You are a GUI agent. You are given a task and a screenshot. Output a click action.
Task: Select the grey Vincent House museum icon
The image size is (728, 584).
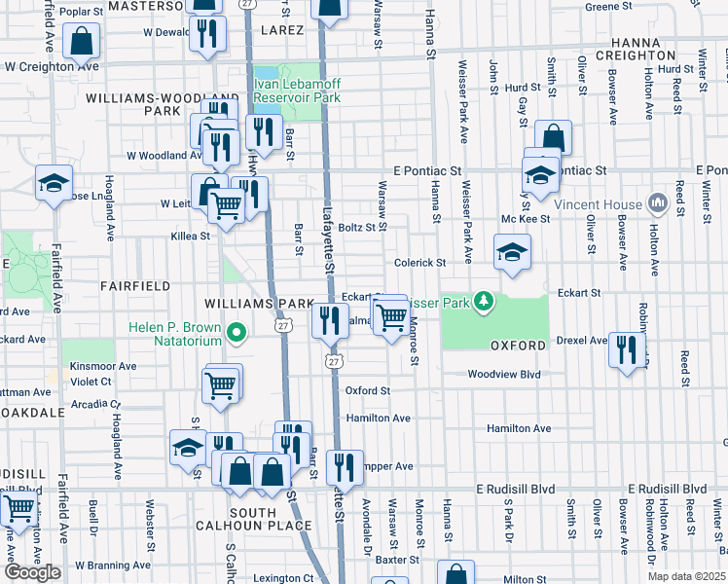pos(657,204)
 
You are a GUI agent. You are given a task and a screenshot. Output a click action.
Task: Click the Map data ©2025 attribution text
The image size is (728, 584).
pos(686,576)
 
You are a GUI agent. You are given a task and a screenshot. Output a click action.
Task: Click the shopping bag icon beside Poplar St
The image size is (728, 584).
pos(81,40)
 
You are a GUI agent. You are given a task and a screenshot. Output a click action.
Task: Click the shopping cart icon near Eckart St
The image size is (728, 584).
pos(391,315)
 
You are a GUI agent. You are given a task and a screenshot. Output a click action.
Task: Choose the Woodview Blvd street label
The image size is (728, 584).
pos(503,374)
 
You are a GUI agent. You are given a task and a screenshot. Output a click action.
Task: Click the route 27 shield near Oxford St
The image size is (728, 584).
pos(334,361)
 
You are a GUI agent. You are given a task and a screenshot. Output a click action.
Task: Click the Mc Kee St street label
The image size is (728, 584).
pos(526,219)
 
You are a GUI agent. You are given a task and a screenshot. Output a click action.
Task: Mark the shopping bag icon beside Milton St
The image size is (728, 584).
pos(455,574)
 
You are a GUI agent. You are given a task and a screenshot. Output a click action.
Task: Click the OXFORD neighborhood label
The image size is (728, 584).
pos(516,346)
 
